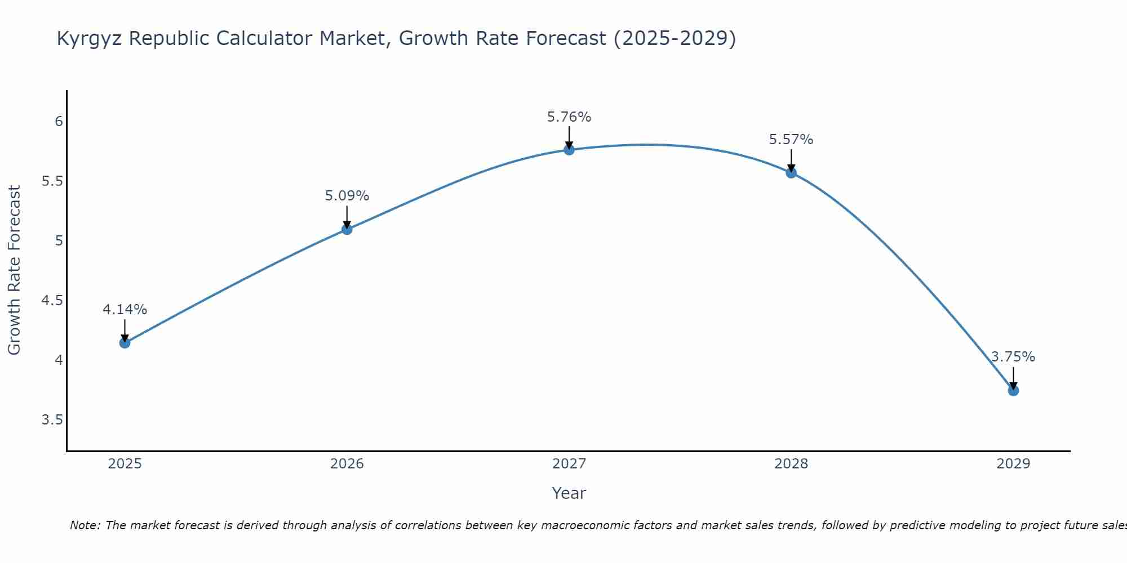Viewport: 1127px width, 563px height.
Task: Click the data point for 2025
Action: coord(125,343)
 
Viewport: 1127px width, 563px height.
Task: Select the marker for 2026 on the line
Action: coord(347,229)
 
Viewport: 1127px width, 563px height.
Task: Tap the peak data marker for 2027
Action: coord(569,150)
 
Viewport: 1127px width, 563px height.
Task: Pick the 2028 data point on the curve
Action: coord(791,173)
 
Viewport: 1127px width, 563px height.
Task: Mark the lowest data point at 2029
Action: coord(1013,390)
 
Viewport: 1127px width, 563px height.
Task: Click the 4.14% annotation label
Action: coord(125,310)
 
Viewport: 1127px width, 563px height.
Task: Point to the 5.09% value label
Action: coord(347,196)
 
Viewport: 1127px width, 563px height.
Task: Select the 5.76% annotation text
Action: coord(569,117)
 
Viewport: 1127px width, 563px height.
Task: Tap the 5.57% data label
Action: coord(791,140)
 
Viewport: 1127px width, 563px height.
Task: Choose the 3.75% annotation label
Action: coord(1013,357)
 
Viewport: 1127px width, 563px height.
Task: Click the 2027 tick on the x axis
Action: coord(569,464)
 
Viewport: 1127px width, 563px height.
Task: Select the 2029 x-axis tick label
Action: coord(1013,464)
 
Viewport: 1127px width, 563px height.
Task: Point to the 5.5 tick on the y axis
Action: coord(52,181)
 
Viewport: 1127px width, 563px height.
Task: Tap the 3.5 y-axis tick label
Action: coord(52,420)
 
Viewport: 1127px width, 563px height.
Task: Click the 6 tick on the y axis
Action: coord(59,122)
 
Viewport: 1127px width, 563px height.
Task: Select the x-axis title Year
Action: coord(569,493)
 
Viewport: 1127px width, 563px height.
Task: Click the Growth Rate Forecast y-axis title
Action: coord(14,270)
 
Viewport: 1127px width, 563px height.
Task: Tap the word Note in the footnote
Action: coord(84,525)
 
